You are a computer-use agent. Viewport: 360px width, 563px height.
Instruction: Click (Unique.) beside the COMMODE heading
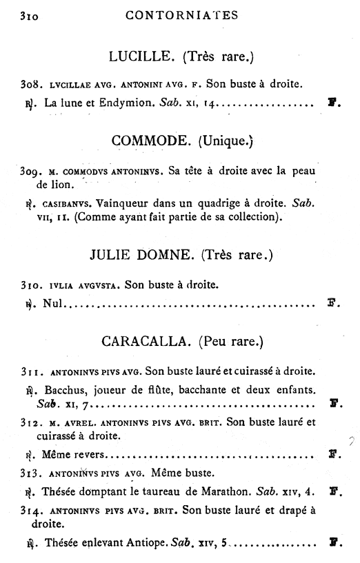(226, 141)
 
